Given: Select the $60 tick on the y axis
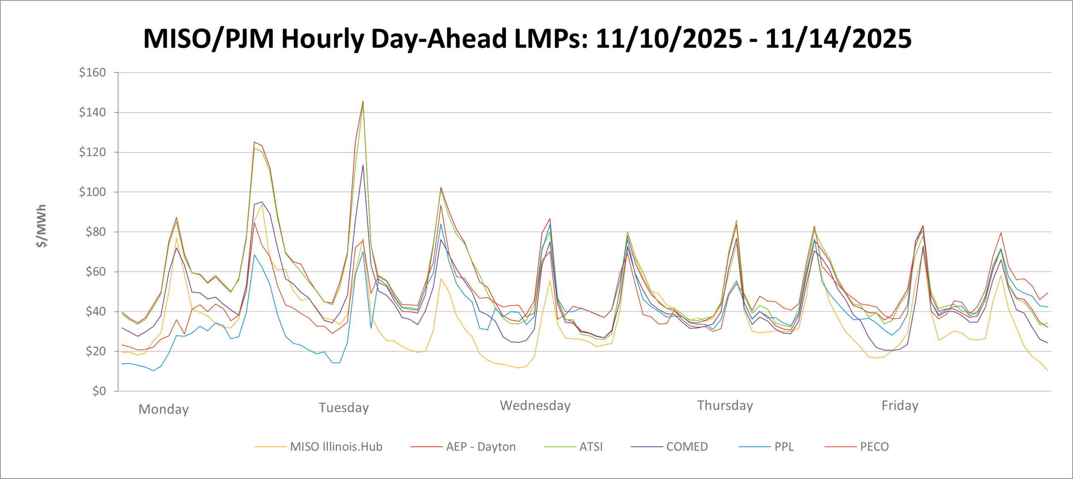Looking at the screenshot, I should point(95,272).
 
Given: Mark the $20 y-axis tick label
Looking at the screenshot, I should point(95,351).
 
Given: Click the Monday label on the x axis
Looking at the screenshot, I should point(163,409).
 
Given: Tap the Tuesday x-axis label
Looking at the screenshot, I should point(344,407).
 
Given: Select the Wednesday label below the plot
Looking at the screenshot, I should point(535,405).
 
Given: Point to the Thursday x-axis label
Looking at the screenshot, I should point(725,405).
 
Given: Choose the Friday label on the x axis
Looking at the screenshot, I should point(900,405).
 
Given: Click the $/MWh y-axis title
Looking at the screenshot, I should point(41,226).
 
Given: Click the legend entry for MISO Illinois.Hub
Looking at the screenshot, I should point(336,447).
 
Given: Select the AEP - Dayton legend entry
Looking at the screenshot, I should point(480,447).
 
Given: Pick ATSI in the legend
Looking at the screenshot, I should point(591,447).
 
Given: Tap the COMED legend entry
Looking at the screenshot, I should point(687,447).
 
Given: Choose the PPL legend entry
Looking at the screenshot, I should point(784,447).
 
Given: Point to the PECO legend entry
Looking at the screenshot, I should point(874,447).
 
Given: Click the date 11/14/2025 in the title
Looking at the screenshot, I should point(838,39).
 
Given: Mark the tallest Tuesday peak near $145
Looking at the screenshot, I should point(363,101).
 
